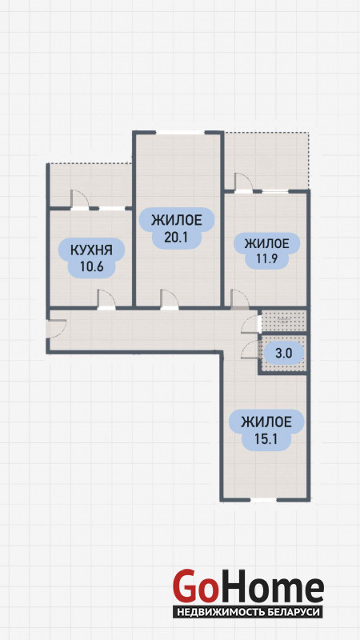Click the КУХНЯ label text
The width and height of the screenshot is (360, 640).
click(x=91, y=250)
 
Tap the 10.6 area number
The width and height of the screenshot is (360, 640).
click(x=91, y=267)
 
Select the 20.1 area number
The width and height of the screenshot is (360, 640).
click(x=176, y=237)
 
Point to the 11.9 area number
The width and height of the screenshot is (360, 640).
click(x=266, y=259)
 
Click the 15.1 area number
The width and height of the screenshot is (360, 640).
click(x=266, y=439)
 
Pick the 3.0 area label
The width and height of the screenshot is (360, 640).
click(x=284, y=354)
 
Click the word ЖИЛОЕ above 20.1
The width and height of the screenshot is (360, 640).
click(x=176, y=221)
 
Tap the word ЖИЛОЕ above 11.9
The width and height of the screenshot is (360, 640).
click(x=266, y=244)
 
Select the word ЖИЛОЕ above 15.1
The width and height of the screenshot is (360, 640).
click(x=266, y=422)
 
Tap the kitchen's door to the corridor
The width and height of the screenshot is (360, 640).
click(x=106, y=300)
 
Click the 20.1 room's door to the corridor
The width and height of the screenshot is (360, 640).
click(x=170, y=300)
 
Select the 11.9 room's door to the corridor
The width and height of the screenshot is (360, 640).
click(x=240, y=300)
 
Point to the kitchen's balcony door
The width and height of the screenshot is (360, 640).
click(x=79, y=201)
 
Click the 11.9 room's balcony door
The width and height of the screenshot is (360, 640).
click(x=244, y=183)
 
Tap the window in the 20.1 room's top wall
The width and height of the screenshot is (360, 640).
click(x=180, y=132)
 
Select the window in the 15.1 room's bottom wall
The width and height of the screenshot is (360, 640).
click(x=263, y=499)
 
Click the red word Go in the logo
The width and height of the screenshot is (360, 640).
click(x=194, y=586)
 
